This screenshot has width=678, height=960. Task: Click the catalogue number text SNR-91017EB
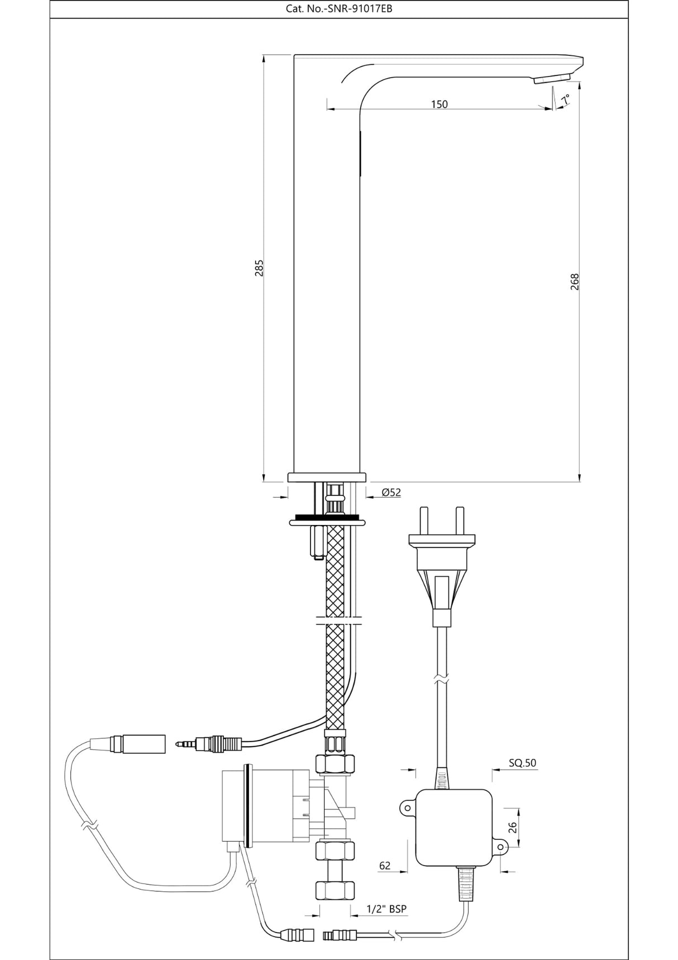click(339, 9)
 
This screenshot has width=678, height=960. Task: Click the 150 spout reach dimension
click(439, 104)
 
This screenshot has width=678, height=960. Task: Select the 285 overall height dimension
click(259, 268)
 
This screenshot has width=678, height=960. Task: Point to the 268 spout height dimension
click(575, 281)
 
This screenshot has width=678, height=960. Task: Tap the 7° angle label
click(566, 99)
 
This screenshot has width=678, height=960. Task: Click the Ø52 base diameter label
click(391, 492)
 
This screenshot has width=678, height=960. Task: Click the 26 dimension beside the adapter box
click(512, 827)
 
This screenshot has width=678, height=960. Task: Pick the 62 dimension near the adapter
click(385, 866)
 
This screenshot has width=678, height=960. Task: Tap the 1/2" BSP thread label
click(386, 909)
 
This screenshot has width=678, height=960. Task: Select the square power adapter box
click(453, 828)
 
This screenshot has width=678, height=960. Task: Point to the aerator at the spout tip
click(552, 79)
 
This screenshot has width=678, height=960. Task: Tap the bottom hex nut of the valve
click(335, 890)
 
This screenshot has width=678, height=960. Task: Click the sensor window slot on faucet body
click(359, 154)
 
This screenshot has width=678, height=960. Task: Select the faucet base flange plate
click(327, 476)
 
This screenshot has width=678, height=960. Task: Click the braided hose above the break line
click(335, 570)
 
